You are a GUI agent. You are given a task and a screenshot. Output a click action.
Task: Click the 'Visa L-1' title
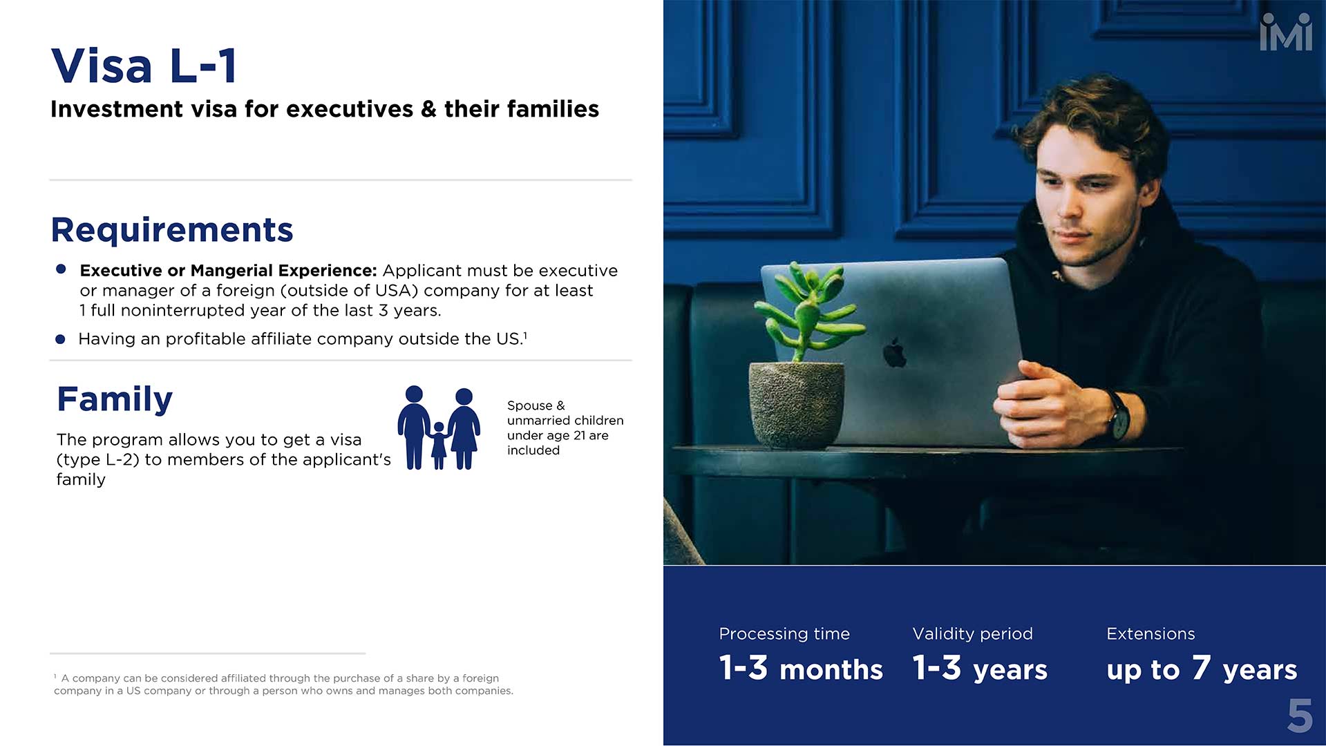(x=144, y=66)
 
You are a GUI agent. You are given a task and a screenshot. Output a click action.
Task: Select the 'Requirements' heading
(x=172, y=230)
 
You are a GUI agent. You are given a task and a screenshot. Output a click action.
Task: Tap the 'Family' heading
(x=115, y=399)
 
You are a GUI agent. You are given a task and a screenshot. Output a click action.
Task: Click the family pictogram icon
(x=439, y=428)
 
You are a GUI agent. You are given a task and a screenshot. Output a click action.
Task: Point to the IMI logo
(x=1286, y=32)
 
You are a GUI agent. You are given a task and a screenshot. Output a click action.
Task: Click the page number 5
(x=1300, y=716)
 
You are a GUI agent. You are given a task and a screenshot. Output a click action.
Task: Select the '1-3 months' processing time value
(x=801, y=669)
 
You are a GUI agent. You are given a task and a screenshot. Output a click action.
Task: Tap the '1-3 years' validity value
(x=980, y=669)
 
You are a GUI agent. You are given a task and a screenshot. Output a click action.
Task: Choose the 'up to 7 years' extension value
(x=1202, y=669)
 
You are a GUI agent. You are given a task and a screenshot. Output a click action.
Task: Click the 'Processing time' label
(x=784, y=633)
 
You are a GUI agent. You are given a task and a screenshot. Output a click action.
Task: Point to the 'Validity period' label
(x=972, y=633)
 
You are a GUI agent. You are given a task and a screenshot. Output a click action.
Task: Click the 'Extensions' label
(x=1150, y=633)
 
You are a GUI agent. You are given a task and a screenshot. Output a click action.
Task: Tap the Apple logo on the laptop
(x=895, y=352)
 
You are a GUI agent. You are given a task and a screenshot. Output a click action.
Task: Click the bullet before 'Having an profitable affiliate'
(x=60, y=339)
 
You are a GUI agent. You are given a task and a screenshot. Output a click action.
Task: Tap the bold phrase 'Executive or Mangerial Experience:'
(x=228, y=271)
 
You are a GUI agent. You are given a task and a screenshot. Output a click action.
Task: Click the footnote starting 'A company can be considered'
(x=283, y=685)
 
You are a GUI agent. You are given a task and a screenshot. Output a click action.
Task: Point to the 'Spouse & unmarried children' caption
(x=565, y=428)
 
